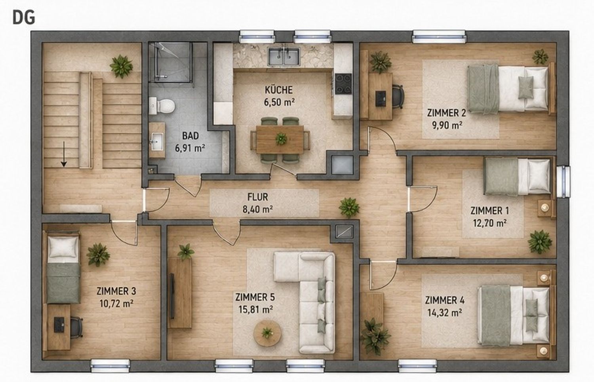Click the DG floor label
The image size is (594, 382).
tap(24, 18)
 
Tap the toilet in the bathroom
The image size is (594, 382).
tap(162, 106)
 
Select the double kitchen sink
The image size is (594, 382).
tap(284, 57)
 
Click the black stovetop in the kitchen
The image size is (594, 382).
tap(343, 84)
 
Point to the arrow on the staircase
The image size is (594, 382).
tap(64, 154)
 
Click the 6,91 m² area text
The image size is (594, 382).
tap(190, 148)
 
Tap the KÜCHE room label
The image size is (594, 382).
tap(279, 90)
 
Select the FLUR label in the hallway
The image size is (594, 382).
tap(257, 197)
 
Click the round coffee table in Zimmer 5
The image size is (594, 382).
tap(267, 333)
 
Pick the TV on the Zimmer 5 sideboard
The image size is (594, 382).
tap(172, 296)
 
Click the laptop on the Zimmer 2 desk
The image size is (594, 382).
tap(381, 99)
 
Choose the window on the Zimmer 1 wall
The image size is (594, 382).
tap(563, 182)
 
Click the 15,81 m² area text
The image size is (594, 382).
tap(256, 310)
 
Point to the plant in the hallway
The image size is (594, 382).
tap(349, 207)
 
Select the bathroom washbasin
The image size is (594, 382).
tap(157, 140)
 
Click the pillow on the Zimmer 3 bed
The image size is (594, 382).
tap(63, 247)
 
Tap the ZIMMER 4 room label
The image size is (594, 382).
tap(445, 300)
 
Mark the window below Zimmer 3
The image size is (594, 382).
tap(110, 366)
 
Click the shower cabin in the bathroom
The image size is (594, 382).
tap(170, 62)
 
